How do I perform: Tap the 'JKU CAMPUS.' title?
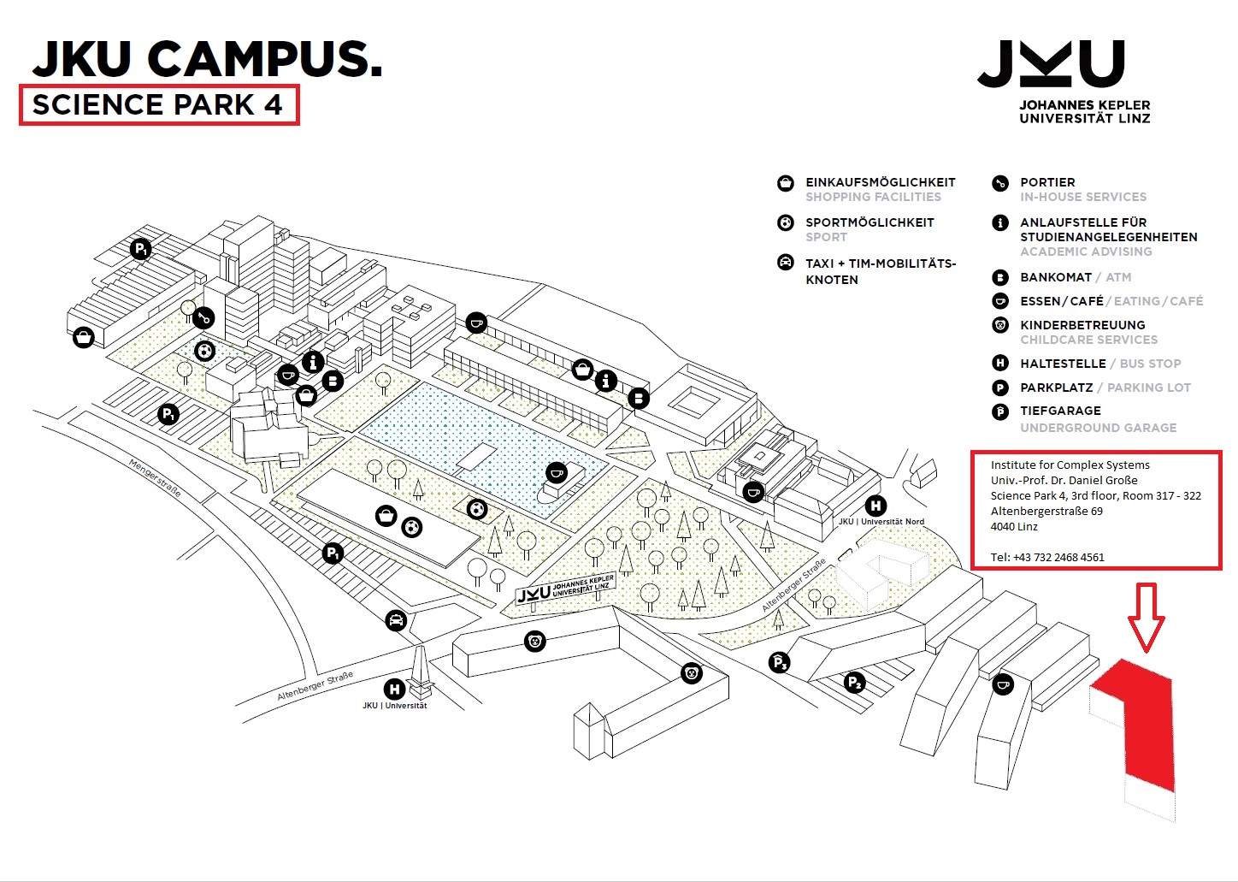(x=207, y=59)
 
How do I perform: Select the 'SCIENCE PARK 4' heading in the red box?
(x=158, y=104)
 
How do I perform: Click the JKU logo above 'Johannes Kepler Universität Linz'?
(x=1050, y=63)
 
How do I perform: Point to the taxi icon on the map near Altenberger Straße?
(x=395, y=620)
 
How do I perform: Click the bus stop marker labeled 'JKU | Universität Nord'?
(x=875, y=506)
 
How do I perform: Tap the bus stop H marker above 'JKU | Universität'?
(x=394, y=689)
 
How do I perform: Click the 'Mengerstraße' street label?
(x=155, y=477)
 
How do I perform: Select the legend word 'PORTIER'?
(x=1047, y=182)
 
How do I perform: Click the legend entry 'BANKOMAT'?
(x=1055, y=277)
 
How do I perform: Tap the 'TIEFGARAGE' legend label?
(x=1060, y=411)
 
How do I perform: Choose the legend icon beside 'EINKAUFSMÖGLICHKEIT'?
(x=785, y=183)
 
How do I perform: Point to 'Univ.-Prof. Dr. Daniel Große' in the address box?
(x=1064, y=480)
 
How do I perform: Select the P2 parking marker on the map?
(x=854, y=683)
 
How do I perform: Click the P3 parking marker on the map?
(x=779, y=662)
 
